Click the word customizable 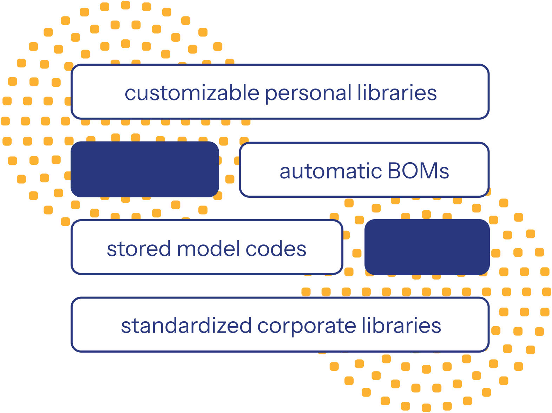point(192,93)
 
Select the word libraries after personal point(397,93)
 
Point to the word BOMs point(418,171)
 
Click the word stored point(139,249)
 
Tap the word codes point(276,249)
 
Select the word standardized point(186,326)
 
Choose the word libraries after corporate point(401,325)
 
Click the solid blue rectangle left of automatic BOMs point(145,169)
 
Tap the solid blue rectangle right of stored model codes point(427,247)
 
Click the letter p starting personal point(271,95)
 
